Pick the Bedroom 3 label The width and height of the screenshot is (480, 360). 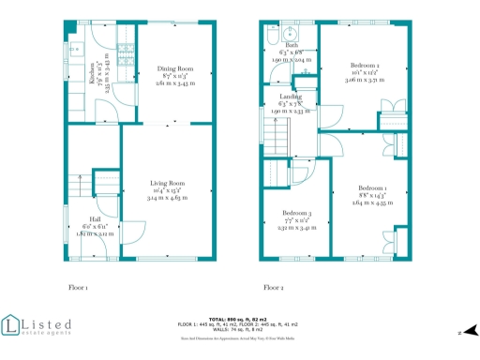point(296,214)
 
